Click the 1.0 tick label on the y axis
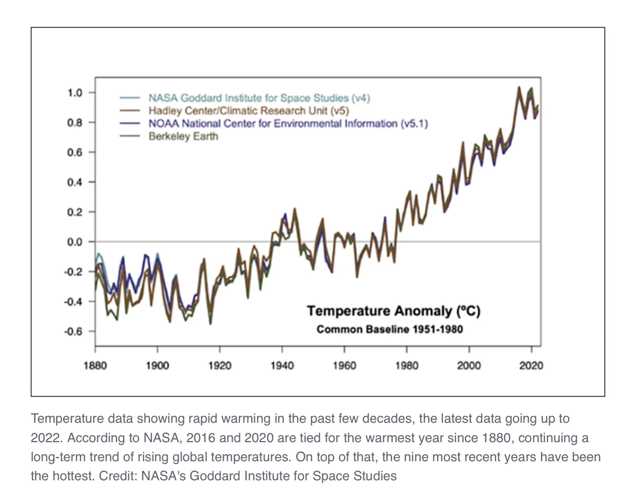coord(74,93)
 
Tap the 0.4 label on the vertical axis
coord(74,182)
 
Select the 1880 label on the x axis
coord(95,365)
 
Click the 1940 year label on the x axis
coord(282,365)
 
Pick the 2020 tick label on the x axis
coord(531,365)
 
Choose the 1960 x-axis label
coord(344,365)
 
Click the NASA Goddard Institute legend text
coord(259,98)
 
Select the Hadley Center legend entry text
coord(248,111)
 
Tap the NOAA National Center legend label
coord(288,124)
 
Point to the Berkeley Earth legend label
coord(183,136)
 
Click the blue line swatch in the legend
coord(130,124)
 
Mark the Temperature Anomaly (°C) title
coord(393,311)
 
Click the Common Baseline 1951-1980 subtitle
coord(390,329)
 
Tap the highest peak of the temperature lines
coord(519,87)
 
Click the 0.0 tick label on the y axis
coord(74,242)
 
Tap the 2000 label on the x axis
coord(469,365)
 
